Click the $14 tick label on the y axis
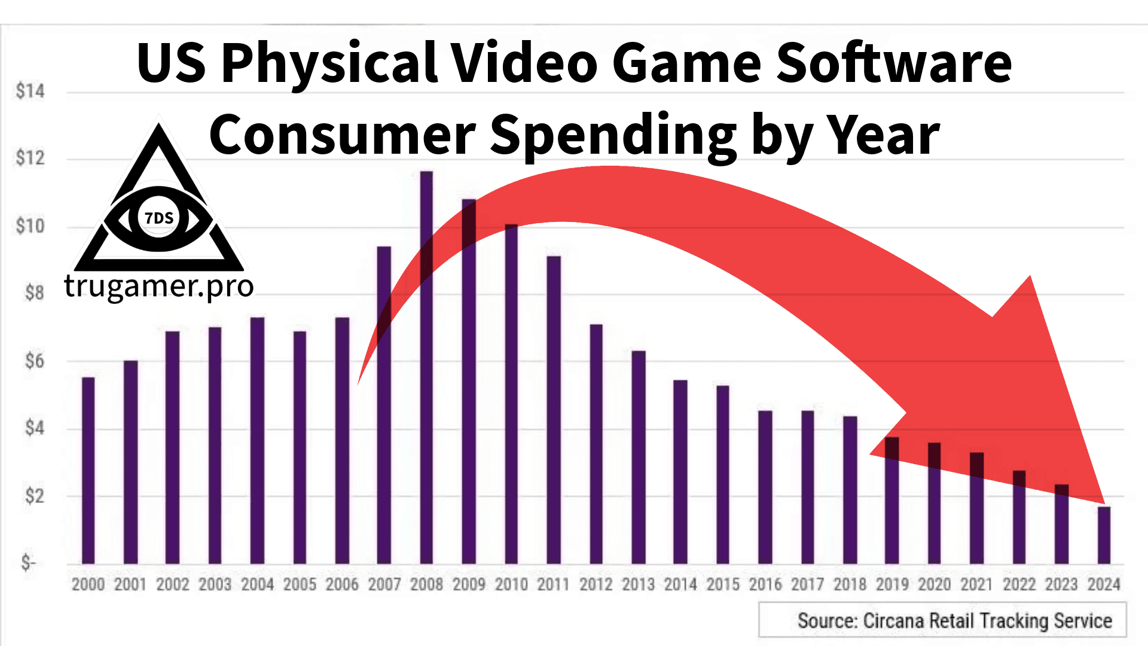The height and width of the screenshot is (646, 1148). [30, 92]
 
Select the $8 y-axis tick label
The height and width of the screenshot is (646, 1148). [34, 293]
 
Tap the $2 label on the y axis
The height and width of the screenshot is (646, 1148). [34, 496]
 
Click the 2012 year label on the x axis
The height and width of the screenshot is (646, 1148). [596, 584]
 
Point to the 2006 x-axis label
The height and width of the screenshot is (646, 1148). [342, 584]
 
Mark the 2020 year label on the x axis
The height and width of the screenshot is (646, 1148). [934, 584]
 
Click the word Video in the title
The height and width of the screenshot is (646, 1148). [524, 63]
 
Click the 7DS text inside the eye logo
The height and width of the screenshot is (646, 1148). [159, 218]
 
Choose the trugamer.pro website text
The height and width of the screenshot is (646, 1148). [158, 287]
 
